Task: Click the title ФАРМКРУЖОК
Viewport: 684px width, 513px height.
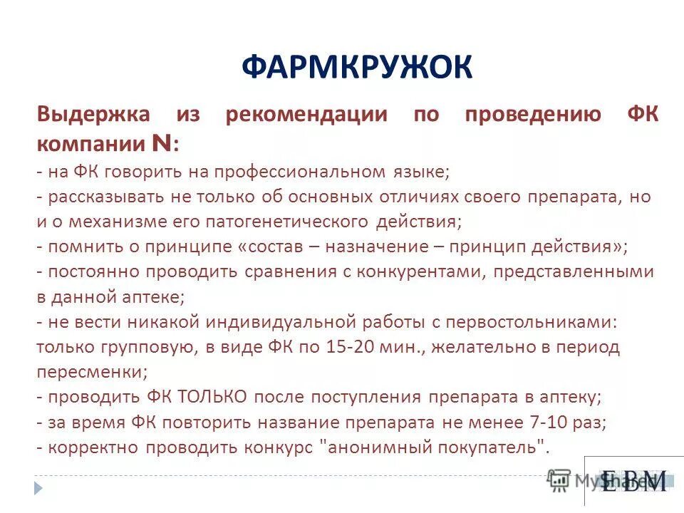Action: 356,68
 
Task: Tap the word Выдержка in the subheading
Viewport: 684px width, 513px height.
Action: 93,115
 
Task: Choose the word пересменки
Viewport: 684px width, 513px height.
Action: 90,372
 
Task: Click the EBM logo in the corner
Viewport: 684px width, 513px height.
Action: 633,481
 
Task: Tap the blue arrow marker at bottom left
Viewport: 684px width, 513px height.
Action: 38,488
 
